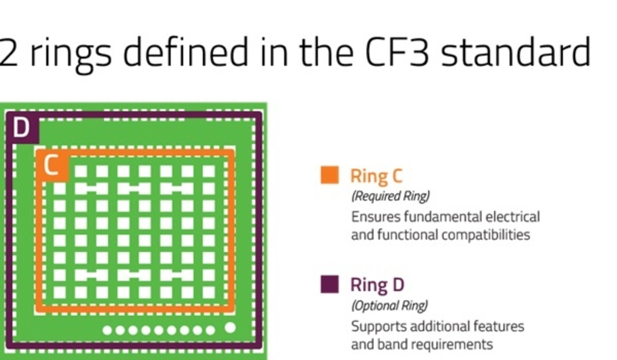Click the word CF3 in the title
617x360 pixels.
(397, 53)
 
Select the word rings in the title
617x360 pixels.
(71, 55)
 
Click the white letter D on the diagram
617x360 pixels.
(22, 127)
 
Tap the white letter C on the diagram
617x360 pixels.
(51, 164)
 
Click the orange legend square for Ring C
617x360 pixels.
(330, 175)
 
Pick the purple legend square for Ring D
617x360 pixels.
(330, 284)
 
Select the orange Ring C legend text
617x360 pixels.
(376, 176)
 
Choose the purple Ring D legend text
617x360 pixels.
(377, 285)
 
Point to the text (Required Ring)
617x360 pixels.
(390, 197)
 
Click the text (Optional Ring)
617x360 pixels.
(389, 306)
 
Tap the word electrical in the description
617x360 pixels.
(512, 217)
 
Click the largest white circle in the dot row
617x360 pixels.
(230, 328)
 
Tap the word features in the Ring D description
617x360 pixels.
(498, 326)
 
